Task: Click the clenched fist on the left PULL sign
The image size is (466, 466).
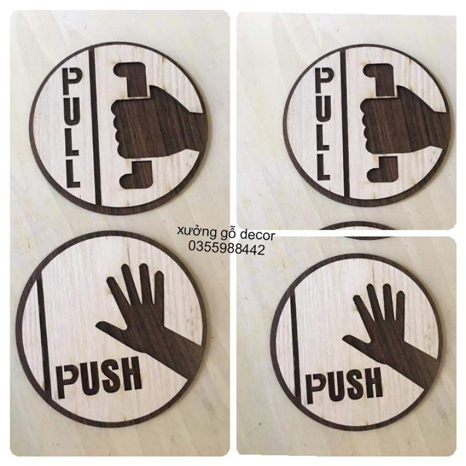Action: [140, 116]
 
